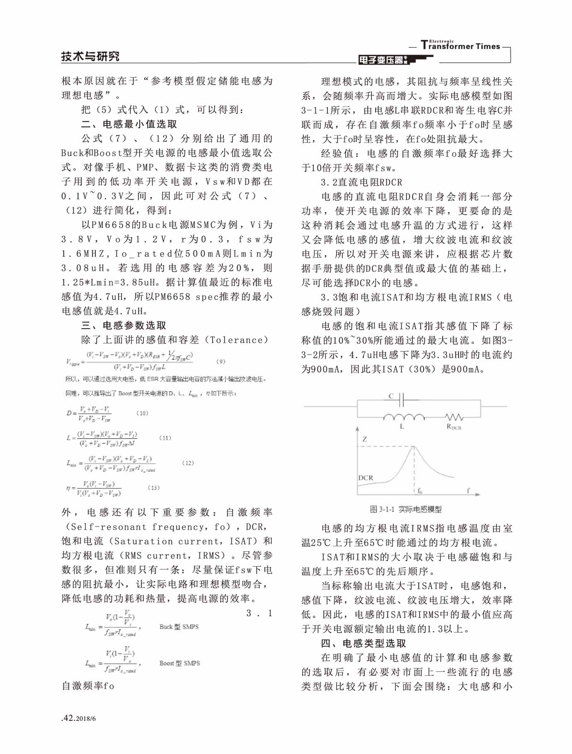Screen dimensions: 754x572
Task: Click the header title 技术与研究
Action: tap(90, 56)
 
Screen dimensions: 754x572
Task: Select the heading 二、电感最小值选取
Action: tap(129, 124)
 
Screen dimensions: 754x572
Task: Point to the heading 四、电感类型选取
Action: tap(364, 643)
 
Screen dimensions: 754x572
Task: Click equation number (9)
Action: tap(221, 361)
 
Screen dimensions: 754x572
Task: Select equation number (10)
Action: tap(142, 413)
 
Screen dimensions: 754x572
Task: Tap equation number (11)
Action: tap(165, 438)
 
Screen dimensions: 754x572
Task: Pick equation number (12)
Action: tap(188, 463)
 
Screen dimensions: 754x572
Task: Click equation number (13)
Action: tap(153, 488)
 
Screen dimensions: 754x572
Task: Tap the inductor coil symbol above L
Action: tap(403, 417)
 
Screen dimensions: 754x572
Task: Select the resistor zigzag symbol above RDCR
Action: tap(454, 417)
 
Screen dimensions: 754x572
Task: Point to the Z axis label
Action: tap(364, 439)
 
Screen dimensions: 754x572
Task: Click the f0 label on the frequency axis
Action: tap(419, 491)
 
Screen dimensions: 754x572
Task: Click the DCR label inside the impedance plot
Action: tap(366, 478)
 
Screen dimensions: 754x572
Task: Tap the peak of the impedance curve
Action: tap(414, 447)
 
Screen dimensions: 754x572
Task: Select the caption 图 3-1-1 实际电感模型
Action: tap(405, 509)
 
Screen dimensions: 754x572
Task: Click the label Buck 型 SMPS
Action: tap(179, 626)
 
